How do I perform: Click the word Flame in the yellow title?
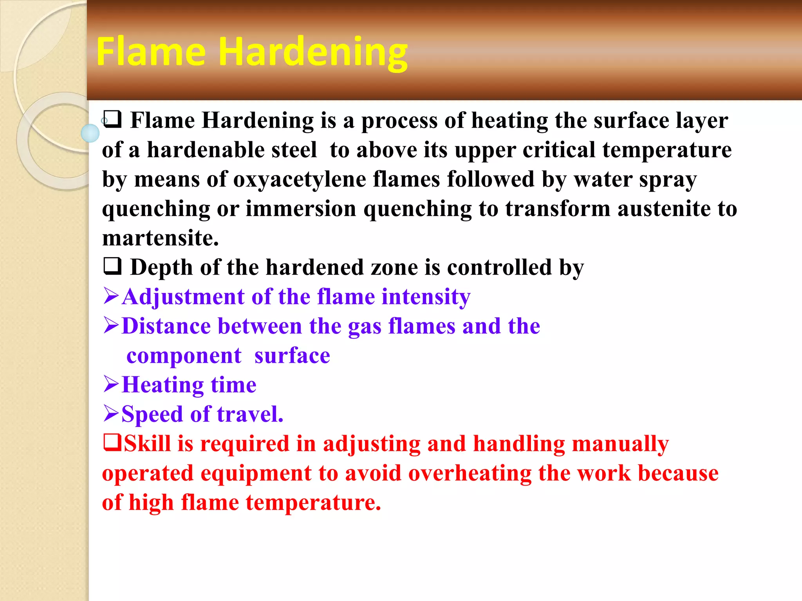tap(151, 52)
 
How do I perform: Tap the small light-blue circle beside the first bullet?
tap(90, 133)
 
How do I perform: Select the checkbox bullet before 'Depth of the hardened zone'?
tap(112, 266)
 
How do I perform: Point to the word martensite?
tap(160, 238)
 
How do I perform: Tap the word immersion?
tap(301, 209)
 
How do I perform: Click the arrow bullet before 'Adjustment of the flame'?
tap(111, 296)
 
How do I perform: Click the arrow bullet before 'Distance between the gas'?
tap(111, 325)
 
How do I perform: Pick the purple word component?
tap(184, 356)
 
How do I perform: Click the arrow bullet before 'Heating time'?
tap(111, 384)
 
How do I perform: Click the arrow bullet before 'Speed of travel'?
tap(111, 413)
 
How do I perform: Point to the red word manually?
tap(620, 444)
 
